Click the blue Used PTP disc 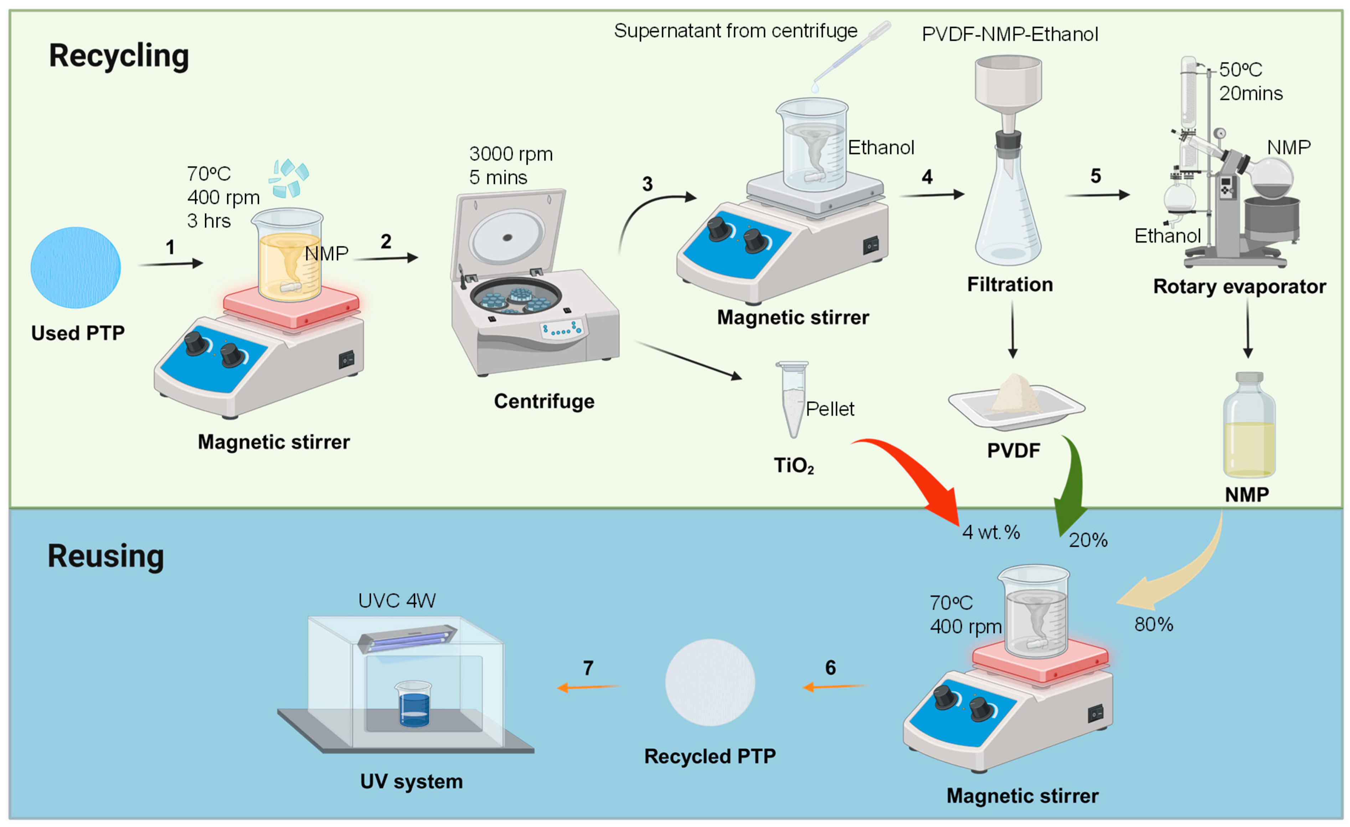[76, 267]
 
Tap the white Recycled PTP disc [710, 682]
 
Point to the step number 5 [1095, 176]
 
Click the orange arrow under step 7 [589, 687]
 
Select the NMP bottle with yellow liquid [1249, 425]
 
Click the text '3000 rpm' [511, 154]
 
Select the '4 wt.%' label [991, 532]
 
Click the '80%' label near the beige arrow [1154, 624]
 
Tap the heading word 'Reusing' [106, 557]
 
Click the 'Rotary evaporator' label [1239, 287]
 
